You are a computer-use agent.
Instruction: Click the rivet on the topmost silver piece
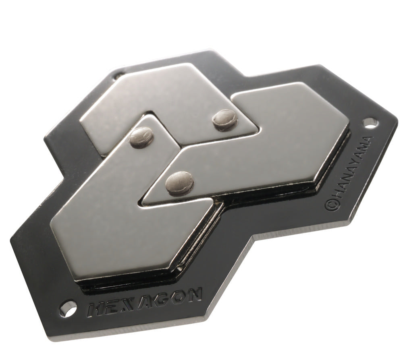click(x=224, y=120)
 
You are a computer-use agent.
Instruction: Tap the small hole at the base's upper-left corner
click(x=118, y=76)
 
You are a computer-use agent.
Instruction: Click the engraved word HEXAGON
click(x=145, y=302)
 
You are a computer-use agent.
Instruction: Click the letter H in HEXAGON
click(x=95, y=310)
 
